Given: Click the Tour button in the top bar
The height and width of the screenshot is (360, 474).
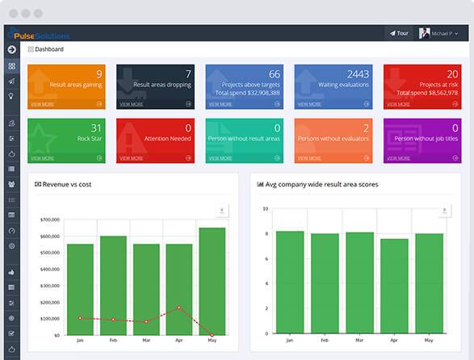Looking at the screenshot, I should [x=399, y=34].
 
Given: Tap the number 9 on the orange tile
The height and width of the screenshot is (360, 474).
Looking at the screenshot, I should [x=99, y=73].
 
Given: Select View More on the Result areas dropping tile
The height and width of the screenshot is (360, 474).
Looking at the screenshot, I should [x=132, y=104].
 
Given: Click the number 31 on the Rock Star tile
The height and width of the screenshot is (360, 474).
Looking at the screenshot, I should [x=96, y=128].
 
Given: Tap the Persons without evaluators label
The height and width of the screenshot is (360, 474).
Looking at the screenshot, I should [x=333, y=138].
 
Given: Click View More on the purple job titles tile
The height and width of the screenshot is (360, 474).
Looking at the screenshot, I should [x=398, y=158].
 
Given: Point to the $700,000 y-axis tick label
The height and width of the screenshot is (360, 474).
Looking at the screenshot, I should [x=49, y=220].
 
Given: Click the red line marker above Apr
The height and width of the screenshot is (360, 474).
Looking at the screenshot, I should [x=179, y=308].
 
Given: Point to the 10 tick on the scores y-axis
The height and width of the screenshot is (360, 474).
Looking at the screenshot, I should [x=265, y=208].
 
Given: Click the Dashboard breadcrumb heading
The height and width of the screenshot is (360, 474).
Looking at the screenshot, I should [x=49, y=49].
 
